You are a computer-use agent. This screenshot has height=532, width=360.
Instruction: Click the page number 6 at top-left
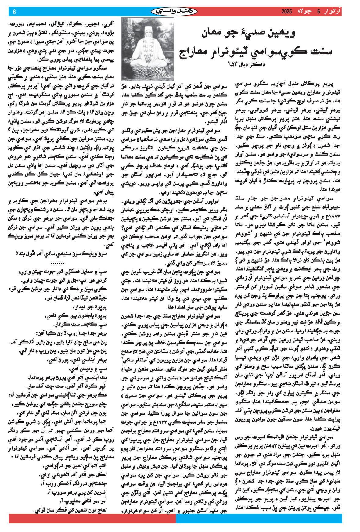14,12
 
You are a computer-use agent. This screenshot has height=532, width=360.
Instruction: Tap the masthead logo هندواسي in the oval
174,12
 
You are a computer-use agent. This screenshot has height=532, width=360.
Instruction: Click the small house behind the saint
165,34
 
